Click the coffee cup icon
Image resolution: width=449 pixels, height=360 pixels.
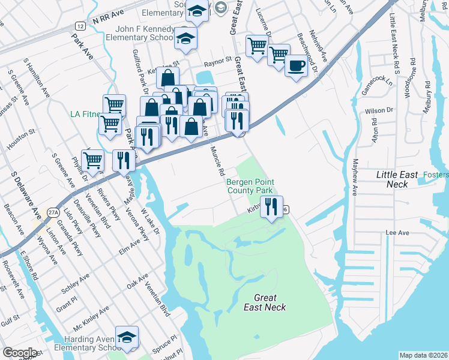pos(295,65)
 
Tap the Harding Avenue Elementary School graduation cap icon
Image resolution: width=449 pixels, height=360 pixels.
pos(127,338)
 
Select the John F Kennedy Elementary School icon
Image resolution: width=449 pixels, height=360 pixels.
pos(186,39)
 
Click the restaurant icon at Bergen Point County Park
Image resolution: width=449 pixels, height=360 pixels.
pos(271,208)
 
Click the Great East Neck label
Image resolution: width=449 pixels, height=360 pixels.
pos(265,302)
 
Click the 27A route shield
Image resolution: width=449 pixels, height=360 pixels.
pos(52,212)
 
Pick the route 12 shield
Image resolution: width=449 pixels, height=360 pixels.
pos(80,26)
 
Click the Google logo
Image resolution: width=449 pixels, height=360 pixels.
pos(20,353)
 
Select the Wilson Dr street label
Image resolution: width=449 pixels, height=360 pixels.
pos(378,110)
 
